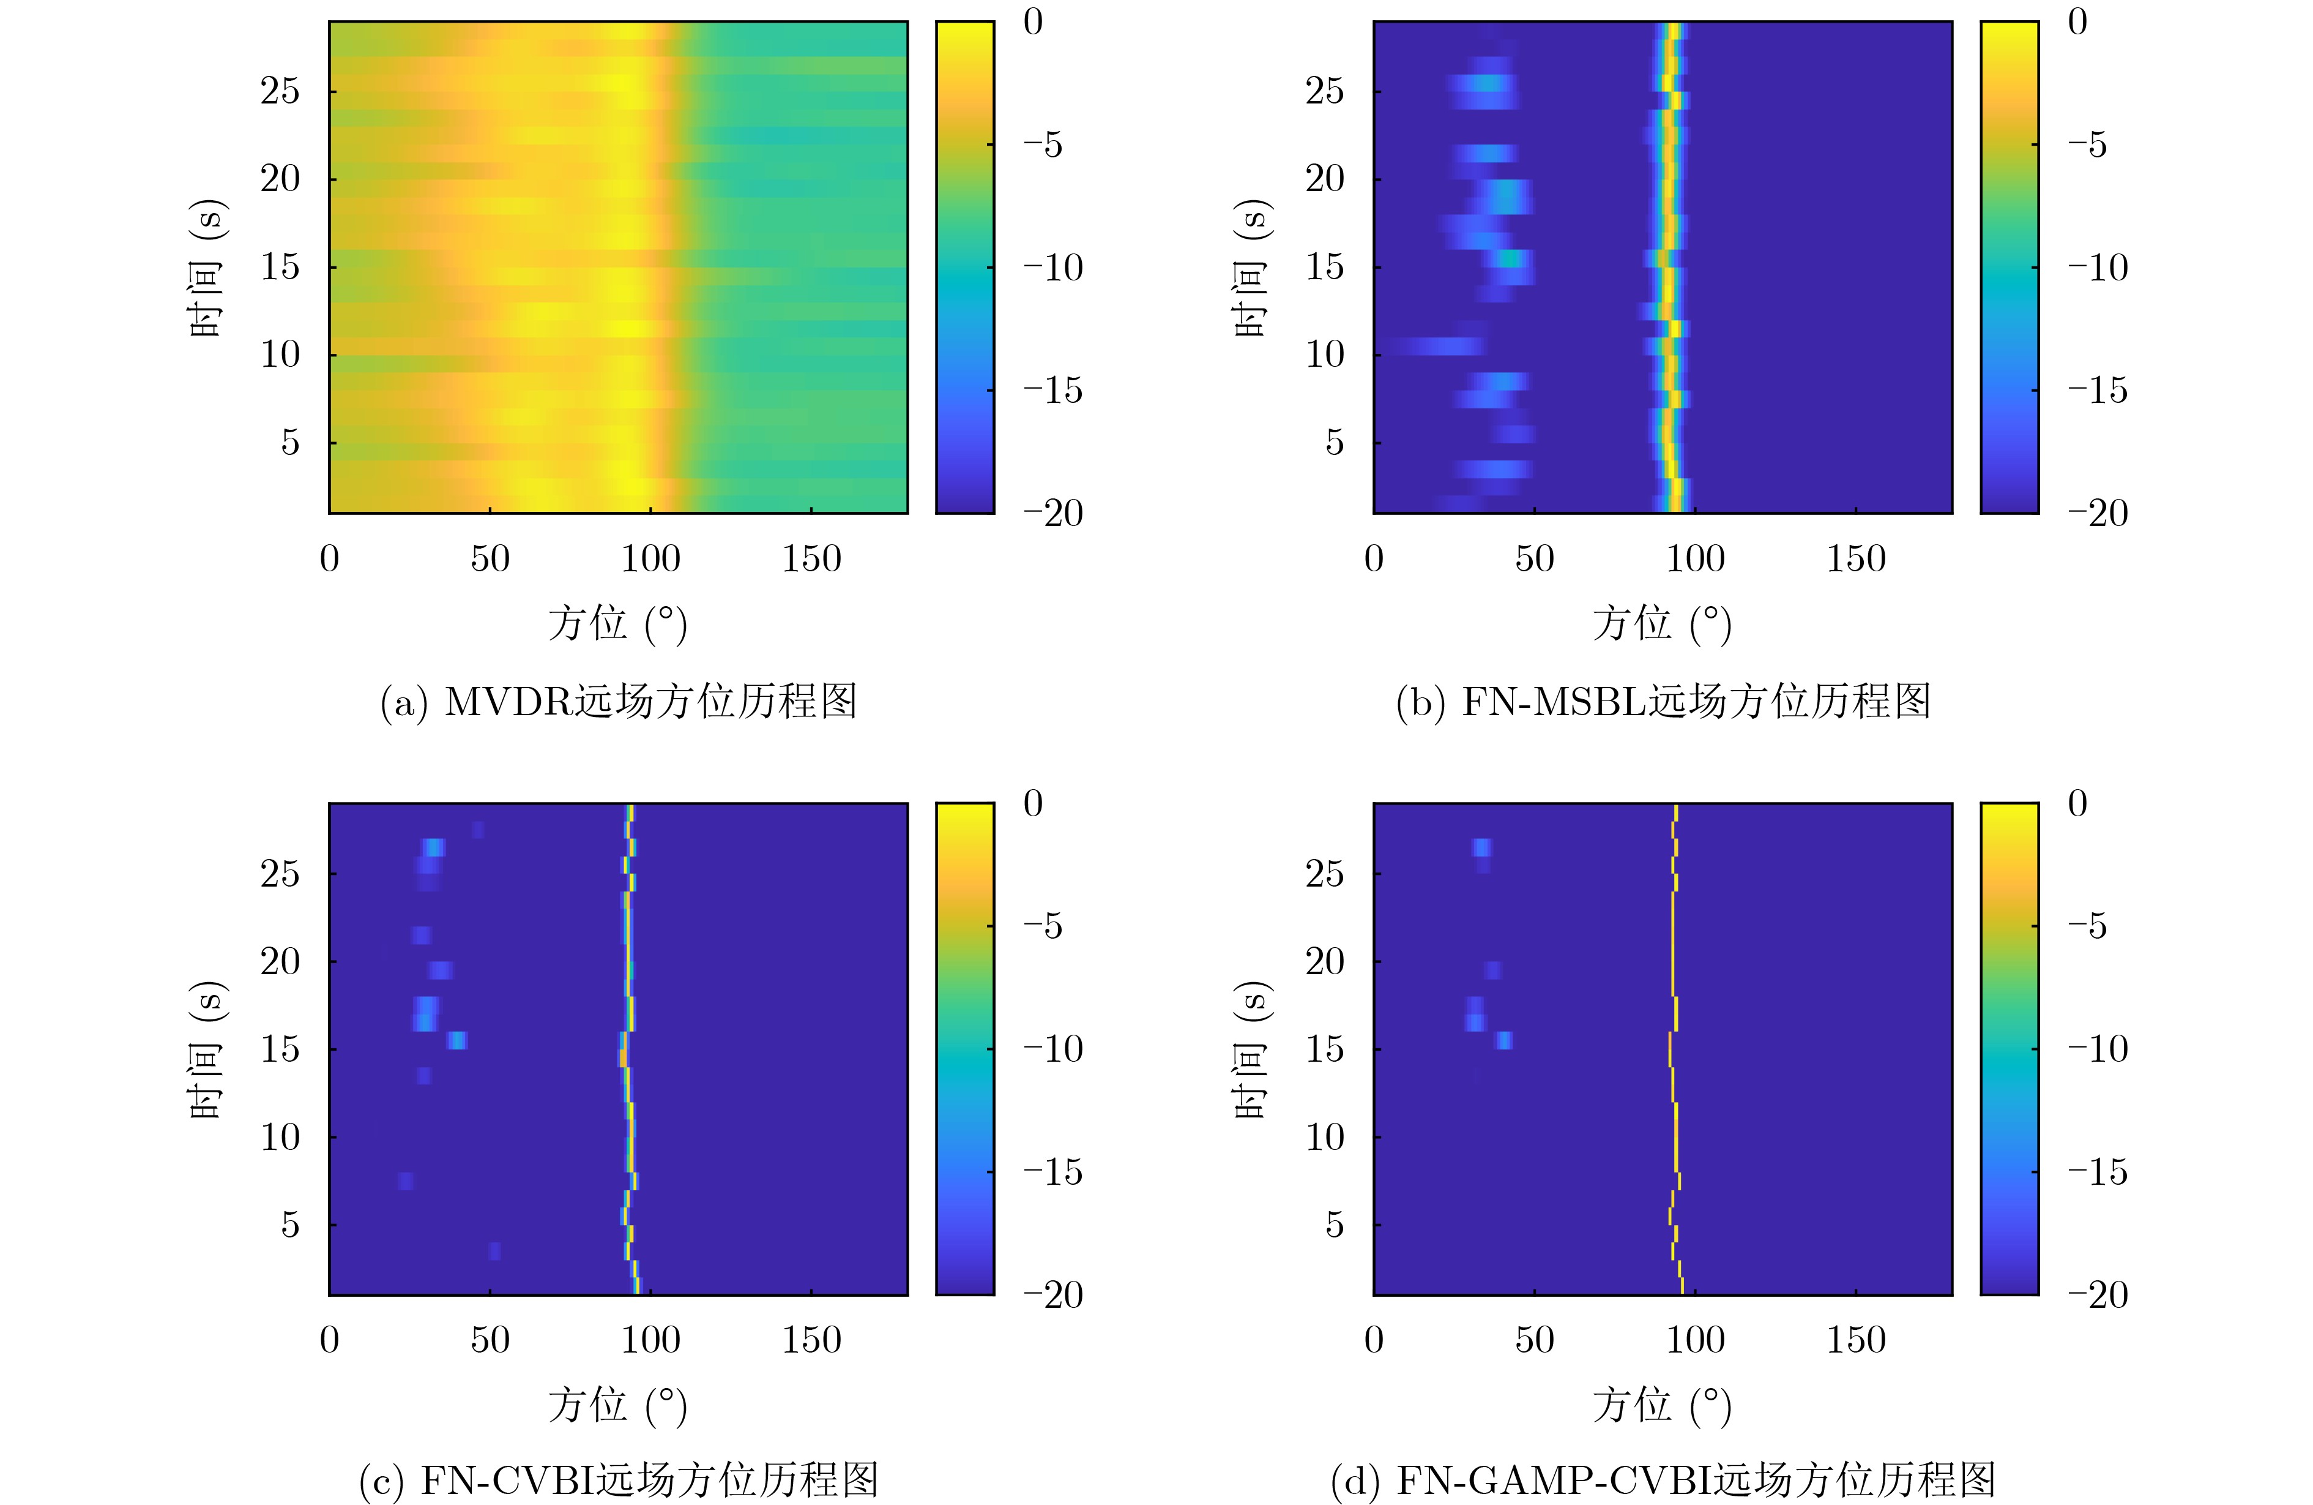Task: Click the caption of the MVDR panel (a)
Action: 618,702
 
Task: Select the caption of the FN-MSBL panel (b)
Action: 1662,702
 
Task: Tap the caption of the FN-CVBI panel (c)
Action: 618,1481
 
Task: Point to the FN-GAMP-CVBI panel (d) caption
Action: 1662,1481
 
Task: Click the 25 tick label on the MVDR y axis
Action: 280,91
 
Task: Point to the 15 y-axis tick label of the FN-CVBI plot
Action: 280,1049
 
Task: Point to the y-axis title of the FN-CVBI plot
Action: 207,1049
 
